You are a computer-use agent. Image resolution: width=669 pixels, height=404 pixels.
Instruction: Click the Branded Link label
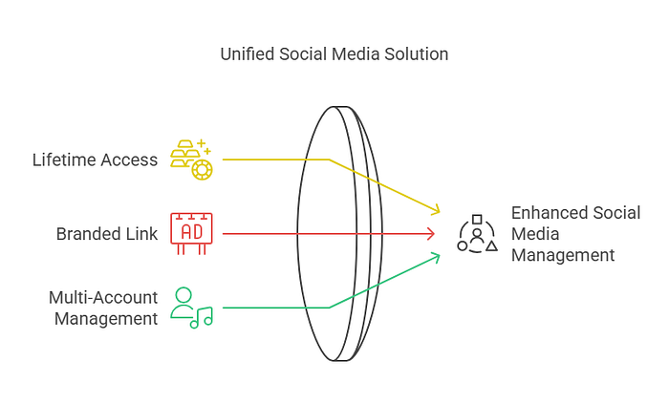click(106, 233)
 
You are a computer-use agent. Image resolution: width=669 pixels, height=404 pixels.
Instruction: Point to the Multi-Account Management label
click(104, 308)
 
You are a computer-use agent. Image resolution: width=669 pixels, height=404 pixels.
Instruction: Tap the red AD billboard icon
click(191, 232)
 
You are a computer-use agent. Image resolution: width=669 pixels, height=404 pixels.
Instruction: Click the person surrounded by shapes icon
click(477, 234)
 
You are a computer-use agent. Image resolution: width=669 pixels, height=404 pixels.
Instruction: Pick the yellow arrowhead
click(437, 209)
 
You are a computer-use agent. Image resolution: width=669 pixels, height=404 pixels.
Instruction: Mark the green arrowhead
click(437, 256)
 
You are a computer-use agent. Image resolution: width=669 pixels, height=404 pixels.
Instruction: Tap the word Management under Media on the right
click(563, 255)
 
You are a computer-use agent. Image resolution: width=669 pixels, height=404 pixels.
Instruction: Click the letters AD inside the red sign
click(191, 232)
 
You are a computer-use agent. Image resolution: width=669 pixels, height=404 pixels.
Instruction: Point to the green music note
click(202, 317)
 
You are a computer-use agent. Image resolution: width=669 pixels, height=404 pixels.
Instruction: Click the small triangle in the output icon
click(491, 245)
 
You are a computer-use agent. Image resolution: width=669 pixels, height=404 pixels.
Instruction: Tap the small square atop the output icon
click(477, 219)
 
